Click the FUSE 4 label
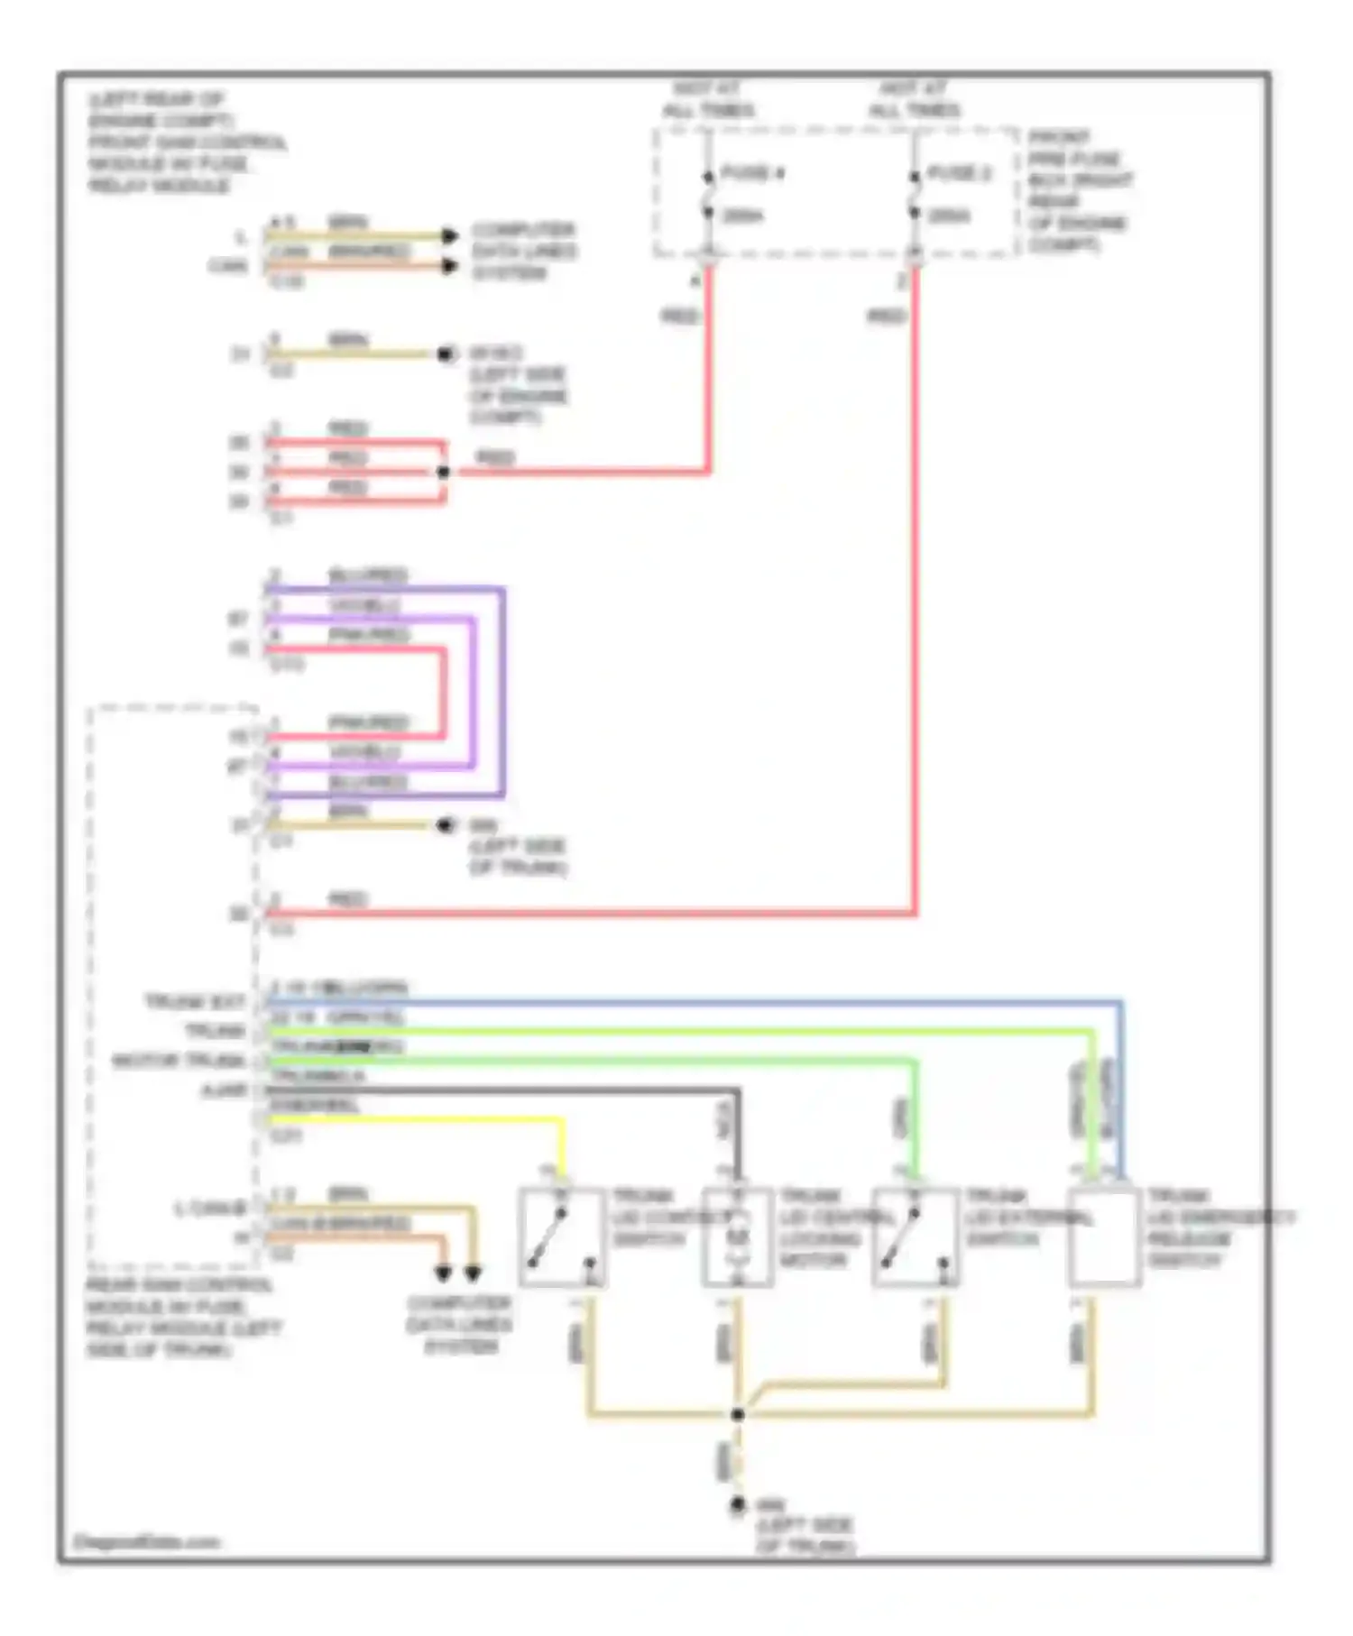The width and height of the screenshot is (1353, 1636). tap(751, 173)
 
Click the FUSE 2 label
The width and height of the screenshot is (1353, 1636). tap(959, 173)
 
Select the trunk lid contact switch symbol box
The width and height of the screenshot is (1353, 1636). tap(561, 1236)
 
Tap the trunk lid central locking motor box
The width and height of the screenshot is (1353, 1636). tap(738, 1236)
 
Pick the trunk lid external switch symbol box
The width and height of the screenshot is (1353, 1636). tap(915, 1236)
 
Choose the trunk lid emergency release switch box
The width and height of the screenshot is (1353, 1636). tap(1104, 1236)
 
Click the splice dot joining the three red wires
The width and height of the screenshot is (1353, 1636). tap(443, 472)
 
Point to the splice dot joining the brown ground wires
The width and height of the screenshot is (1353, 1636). tap(738, 1414)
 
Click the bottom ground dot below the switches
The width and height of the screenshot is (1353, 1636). tap(738, 1504)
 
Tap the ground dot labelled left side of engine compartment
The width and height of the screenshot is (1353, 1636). tap(445, 354)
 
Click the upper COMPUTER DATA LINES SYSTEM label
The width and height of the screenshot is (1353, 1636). tap(523, 251)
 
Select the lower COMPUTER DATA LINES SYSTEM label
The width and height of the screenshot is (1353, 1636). tap(459, 1324)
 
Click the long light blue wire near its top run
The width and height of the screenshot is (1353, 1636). tap(722, 1002)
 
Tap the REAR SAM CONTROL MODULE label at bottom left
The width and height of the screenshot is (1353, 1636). tap(180, 1317)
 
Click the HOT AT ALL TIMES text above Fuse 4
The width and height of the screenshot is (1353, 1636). tap(709, 100)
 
